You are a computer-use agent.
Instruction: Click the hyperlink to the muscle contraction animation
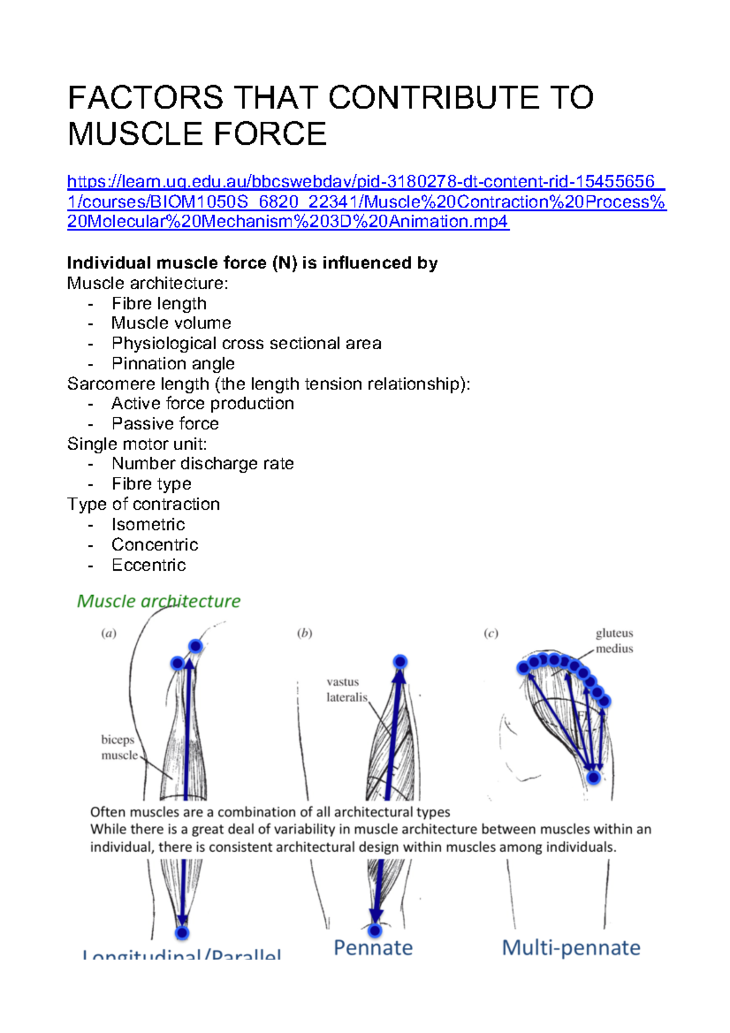tap(367, 201)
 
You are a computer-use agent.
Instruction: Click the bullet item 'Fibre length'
tap(159, 303)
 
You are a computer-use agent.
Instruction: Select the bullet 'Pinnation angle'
tap(173, 363)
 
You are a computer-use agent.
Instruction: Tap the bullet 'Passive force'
tap(165, 423)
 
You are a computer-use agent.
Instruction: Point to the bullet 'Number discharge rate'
tap(203, 464)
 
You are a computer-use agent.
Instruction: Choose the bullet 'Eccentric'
tap(148, 565)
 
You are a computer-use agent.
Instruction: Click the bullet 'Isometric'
tap(148, 524)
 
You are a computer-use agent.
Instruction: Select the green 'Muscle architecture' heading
tap(159, 601)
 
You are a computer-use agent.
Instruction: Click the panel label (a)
tap(108, 633)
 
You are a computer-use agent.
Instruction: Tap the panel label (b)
tap(304, 633)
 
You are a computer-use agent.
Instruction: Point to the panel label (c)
tap(491, 633)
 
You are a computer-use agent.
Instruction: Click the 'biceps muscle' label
tap(119, 747)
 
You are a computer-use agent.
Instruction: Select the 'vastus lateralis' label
tap(346, 689)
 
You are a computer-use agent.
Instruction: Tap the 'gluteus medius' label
tap(614, 641)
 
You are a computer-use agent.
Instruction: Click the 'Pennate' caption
tap(373, 947)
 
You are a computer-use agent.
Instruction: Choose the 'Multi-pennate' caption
tap(571, 947)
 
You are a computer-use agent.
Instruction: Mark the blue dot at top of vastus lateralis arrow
tap(400, 661)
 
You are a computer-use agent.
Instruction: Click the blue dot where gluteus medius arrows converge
tap(594, 777)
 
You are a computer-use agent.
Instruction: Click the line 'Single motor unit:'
tap(137, 443)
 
